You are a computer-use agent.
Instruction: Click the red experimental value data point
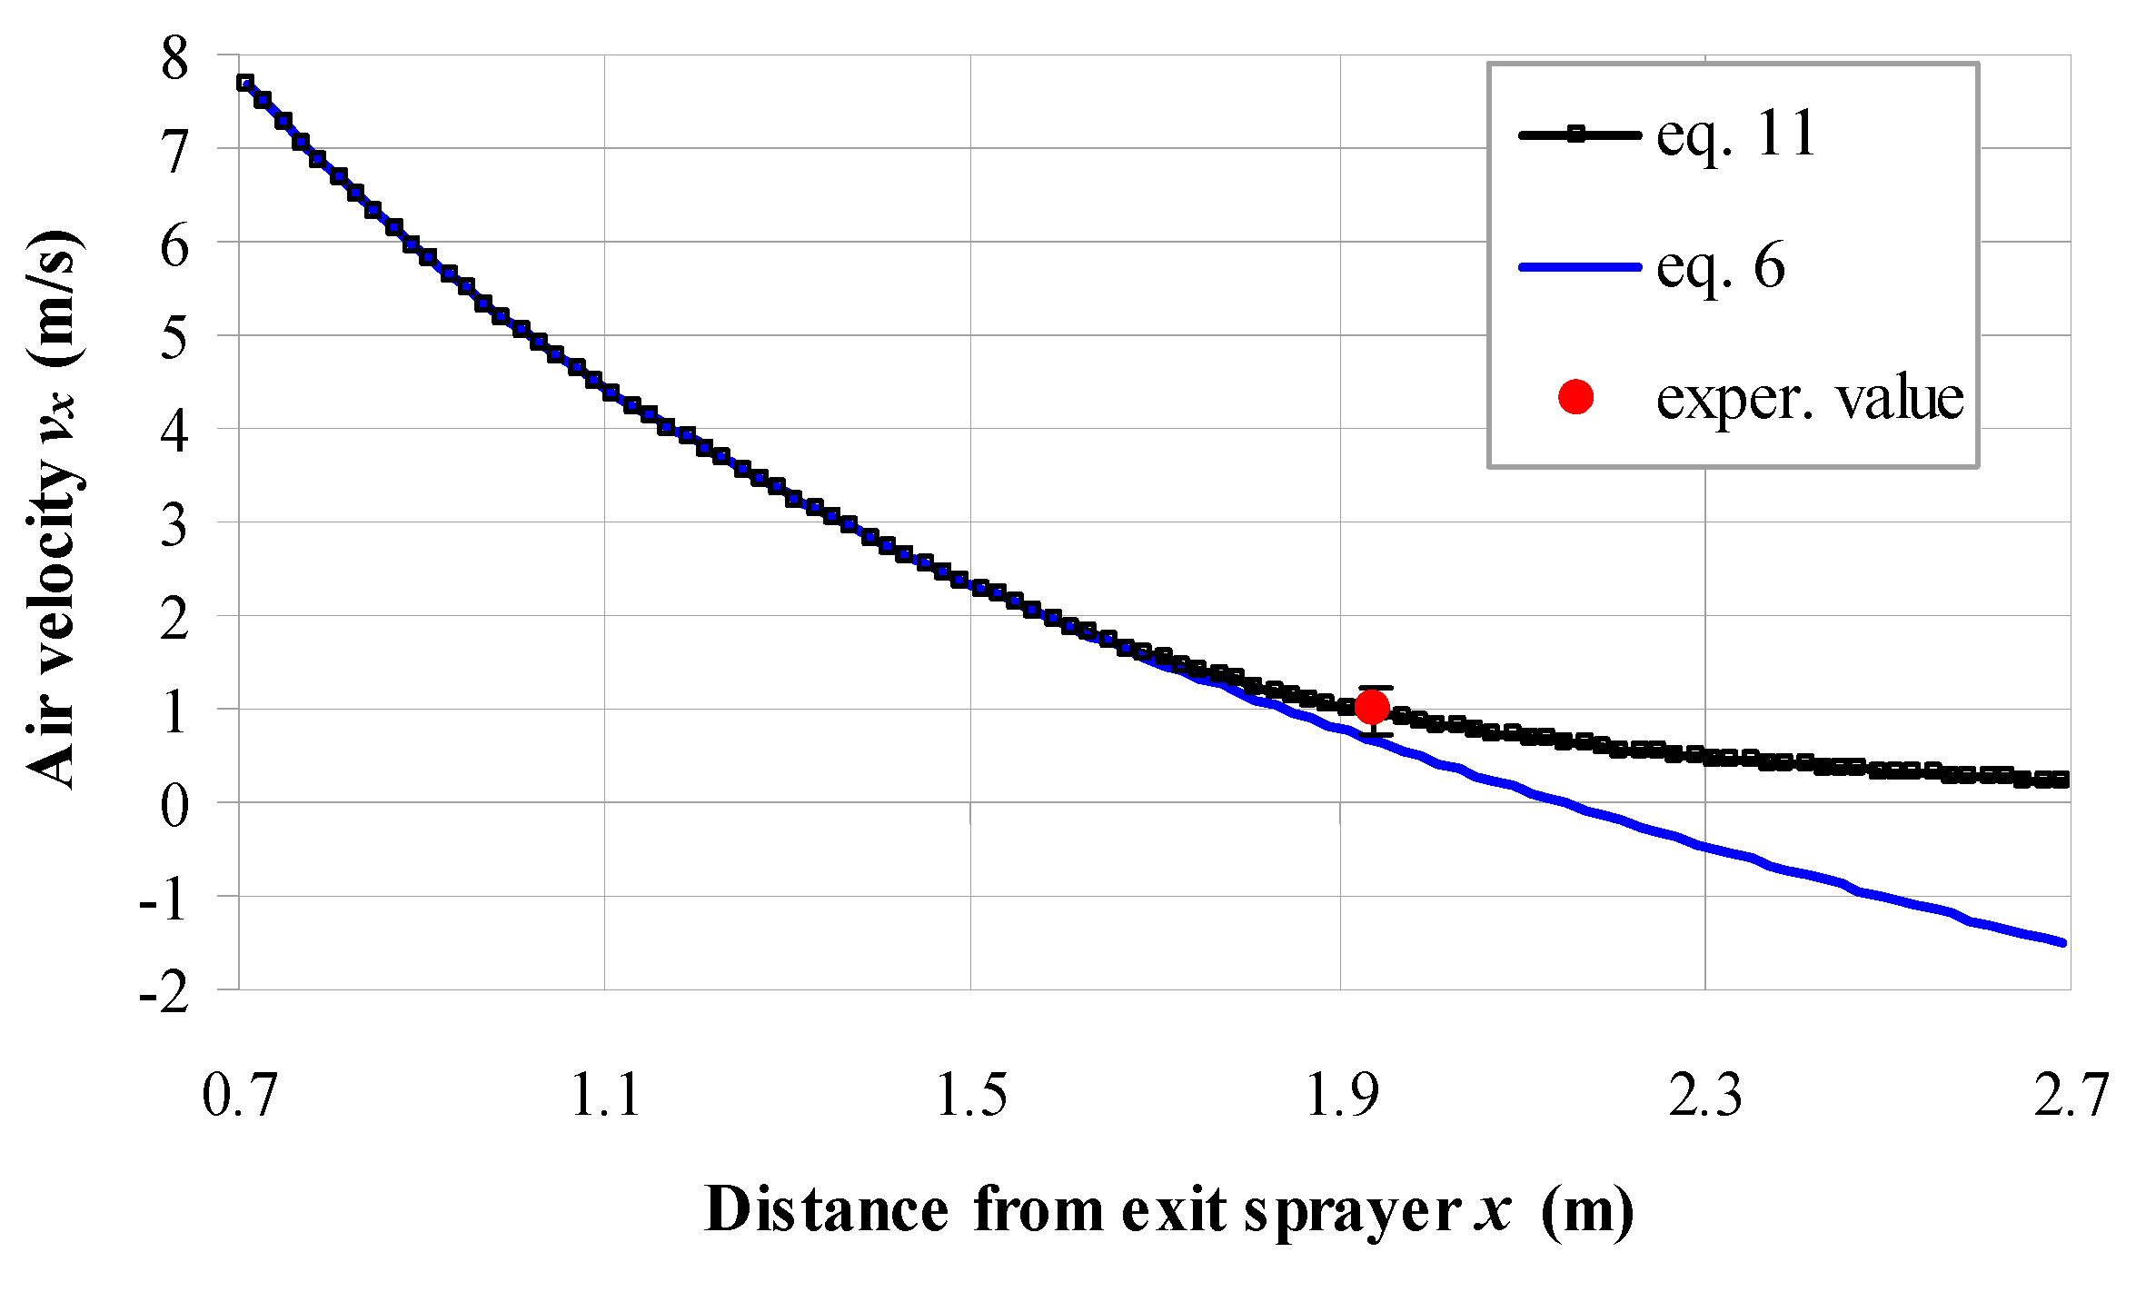pyautogui.click(x=1371, y=706)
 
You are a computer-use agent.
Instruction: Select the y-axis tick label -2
pyautogui.click(x=164, y=992)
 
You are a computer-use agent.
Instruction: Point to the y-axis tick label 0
pyautogui.click(x=174, y=805)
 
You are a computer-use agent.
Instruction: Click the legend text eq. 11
pyautogui.click(x=1735, y=134)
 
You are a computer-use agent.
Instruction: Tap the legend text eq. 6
pyautogui.click(x=1720, y=266)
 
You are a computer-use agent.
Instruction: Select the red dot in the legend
pyautogui.click(x=1575, y=397)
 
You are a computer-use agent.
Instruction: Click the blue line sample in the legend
pyautogui.click(x=1579, y=267)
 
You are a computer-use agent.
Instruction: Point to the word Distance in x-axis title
pyautogui.click(x=826, y=1210)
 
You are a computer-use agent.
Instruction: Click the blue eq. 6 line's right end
pyautogui.click(x=2063, y=943)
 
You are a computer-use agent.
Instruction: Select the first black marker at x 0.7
pyautogui.click(x=244, y=83)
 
